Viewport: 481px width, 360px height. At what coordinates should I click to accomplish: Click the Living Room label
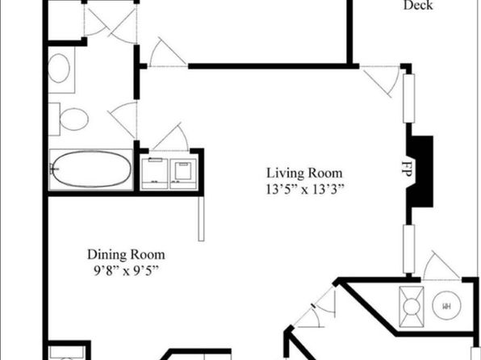pos(304,173)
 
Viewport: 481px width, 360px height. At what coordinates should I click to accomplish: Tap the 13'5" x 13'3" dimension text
pos(304,190)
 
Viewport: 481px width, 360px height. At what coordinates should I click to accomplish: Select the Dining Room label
pos(126,254)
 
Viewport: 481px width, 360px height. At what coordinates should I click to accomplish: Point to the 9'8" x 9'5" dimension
pos(126,270)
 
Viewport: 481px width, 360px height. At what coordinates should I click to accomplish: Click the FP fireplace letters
pos(406,168)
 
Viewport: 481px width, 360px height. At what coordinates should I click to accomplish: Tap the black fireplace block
pos(421,171)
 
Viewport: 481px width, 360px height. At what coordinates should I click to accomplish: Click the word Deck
pos(418,5)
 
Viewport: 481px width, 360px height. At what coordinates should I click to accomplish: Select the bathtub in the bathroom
pos(91,170)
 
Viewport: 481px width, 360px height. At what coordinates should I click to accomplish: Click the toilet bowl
pos(73,119)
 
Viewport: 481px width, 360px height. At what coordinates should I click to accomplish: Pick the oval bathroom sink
pos(59,68)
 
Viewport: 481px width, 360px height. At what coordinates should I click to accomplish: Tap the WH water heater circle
pos(446,306)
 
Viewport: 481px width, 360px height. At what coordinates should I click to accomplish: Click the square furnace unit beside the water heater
pos(412,307)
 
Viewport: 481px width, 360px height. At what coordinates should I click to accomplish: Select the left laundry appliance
pos(155,174)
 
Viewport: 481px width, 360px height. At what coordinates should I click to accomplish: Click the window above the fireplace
pos(408,98)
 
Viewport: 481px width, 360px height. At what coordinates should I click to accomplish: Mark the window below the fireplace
pos(408,249)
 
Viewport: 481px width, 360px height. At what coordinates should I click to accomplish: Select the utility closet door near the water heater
pos(441,266)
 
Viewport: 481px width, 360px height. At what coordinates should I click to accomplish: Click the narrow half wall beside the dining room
pos(201,219)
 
